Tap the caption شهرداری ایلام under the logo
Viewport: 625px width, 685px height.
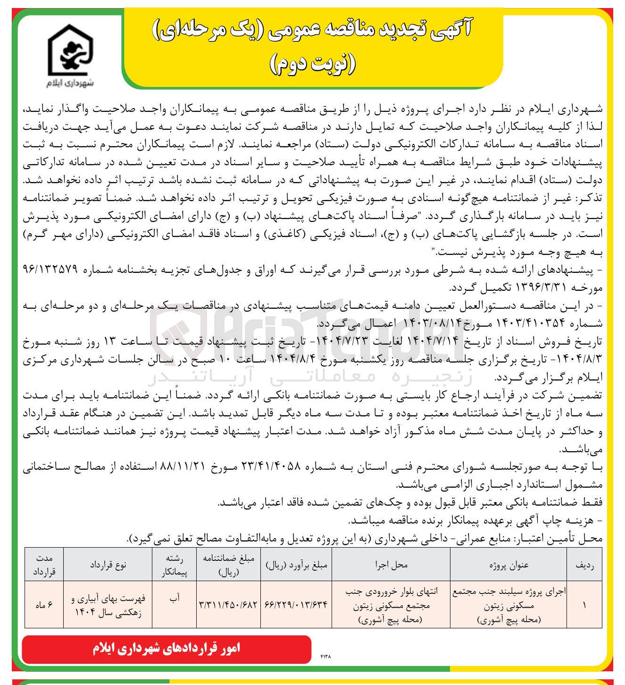(70, 83)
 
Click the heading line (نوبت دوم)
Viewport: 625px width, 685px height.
(312, 65)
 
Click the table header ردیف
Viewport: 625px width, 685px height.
(584, 565)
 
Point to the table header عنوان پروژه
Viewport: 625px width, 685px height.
(508, 565)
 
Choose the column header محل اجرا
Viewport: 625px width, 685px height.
(391, 565)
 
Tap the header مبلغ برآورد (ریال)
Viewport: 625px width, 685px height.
(296, 565)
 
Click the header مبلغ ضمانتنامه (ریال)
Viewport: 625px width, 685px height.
(228, 565)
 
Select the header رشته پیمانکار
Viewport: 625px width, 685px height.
(174, 565)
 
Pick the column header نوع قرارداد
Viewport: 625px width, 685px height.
(108, 565)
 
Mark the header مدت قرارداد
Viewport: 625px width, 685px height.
(44, 565)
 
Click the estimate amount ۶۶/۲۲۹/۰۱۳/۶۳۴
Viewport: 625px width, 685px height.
(296, 605)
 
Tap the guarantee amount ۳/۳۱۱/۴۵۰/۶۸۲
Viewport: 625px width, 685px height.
(228, 605)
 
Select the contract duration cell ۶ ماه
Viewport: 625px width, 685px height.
(44, 605)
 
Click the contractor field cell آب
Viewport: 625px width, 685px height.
(174, 598)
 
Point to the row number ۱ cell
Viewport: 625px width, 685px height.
(584, 605)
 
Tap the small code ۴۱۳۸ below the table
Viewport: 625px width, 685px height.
(325, 656)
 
